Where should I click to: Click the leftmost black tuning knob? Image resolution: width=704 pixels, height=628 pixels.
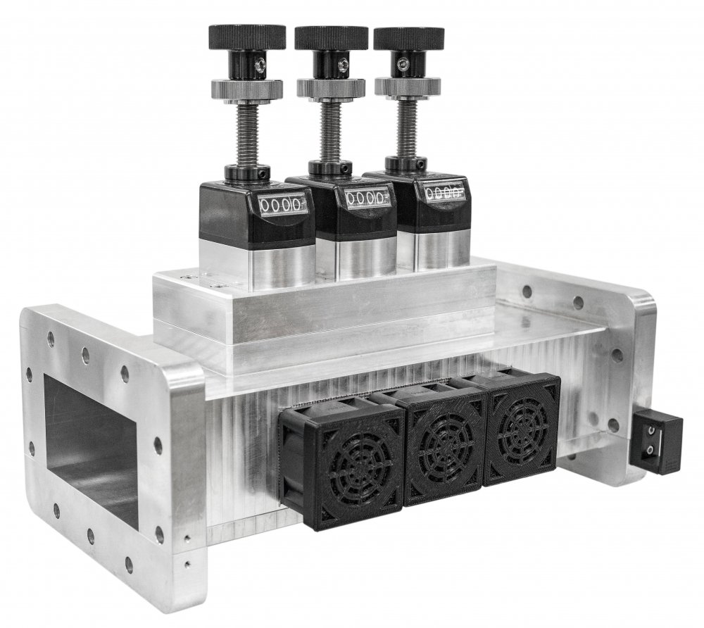click(246, 36)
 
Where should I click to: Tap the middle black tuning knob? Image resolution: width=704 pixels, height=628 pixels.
click(331, 37)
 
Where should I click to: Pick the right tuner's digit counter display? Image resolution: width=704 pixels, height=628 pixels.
click(444, 191)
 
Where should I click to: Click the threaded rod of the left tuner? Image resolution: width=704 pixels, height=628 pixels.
click(247, 134)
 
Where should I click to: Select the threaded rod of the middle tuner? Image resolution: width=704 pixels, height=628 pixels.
click(331, 131)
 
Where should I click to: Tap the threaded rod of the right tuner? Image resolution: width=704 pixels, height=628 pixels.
click(407, 127)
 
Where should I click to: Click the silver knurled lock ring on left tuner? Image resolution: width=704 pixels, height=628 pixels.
click(246, 89)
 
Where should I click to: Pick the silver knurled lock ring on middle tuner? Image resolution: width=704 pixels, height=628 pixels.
click(331, 88)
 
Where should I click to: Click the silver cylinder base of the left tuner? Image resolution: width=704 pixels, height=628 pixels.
click(258, 264)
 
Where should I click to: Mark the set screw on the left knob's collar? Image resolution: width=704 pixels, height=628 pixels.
click(260, 65)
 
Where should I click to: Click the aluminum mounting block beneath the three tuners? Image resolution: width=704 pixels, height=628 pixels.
click(324, 310)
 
